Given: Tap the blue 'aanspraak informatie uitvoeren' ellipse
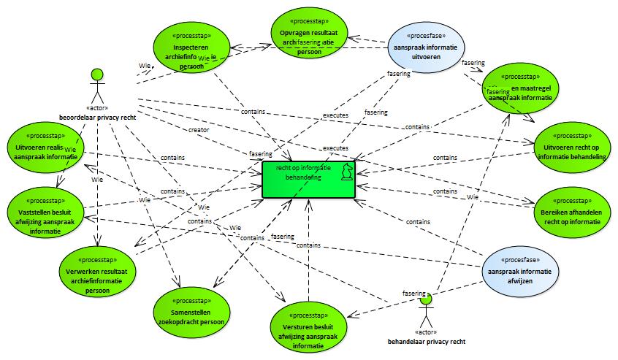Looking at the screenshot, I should coord(427,45).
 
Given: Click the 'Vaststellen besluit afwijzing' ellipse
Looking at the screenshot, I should coord(45,208).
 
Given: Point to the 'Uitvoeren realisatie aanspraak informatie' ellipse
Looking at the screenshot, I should coord(45,146).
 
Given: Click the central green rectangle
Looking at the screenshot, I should coord(309,179).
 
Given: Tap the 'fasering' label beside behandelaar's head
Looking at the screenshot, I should coord(413,293).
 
